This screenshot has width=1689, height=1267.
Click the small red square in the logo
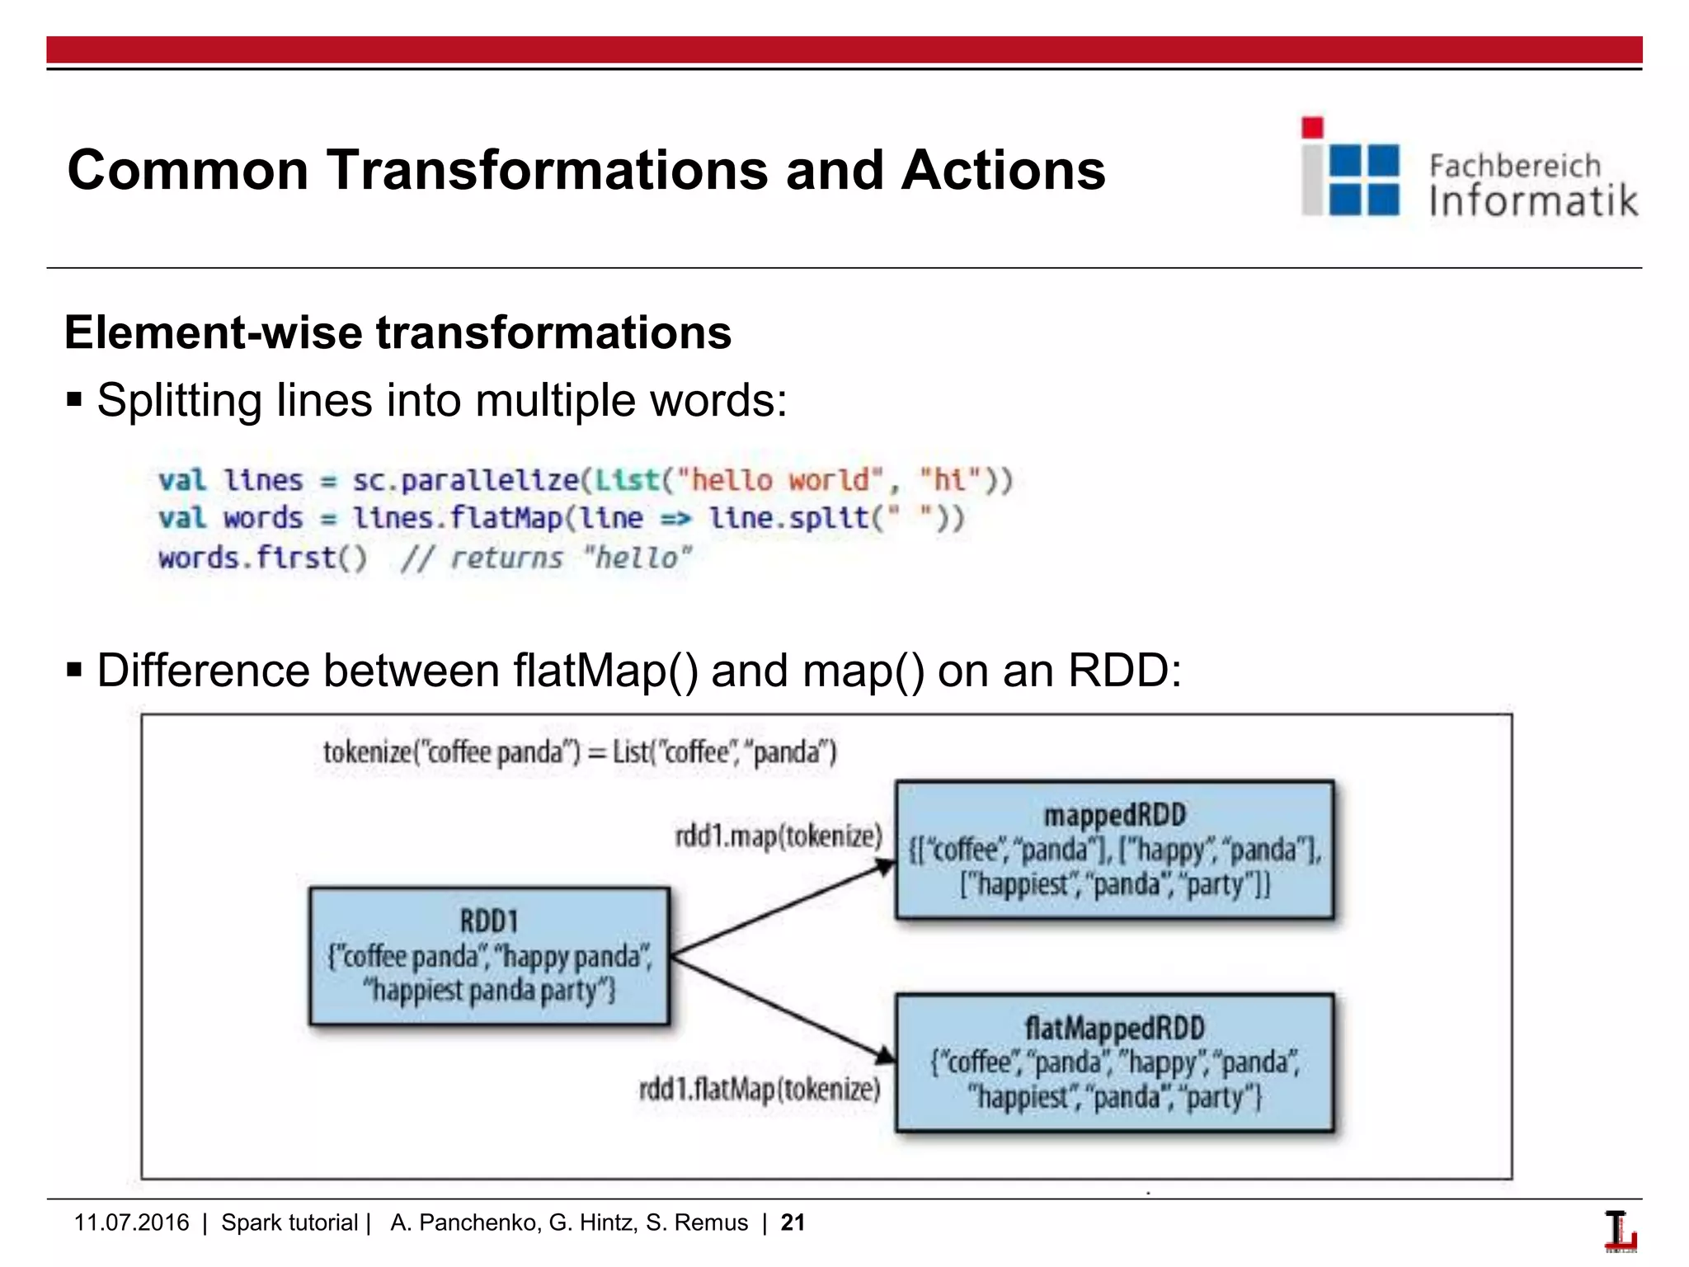click(x=1312, y=128)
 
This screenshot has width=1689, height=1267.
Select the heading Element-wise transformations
click(x=398, y=332)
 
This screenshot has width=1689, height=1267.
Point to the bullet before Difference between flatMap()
click(x=75, y=670)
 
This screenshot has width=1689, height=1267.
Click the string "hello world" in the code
click(x=780, y=480)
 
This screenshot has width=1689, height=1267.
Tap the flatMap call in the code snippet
click(x=506, y=518)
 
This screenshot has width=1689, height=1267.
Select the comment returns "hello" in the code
click(x=547, y=558)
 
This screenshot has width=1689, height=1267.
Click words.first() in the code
click(x=263, y=558)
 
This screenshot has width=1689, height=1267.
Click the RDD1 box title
click(x=489, y=921)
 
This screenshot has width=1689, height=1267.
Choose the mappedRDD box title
click(x=1114, y=815)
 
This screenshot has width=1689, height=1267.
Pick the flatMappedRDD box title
click(x=1114, y=1028)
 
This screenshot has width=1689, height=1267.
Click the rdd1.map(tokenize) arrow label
click(x=779, y=836)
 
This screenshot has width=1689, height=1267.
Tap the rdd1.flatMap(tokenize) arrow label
click(x=760, y=1090)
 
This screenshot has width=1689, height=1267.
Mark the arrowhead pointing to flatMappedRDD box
click(x=885, y=1055)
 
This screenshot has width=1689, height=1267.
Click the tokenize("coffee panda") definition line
click(x=580, y=752)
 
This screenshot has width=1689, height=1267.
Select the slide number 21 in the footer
click(x=793, y=1222)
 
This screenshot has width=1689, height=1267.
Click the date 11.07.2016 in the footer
click(x=131, y=1222)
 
